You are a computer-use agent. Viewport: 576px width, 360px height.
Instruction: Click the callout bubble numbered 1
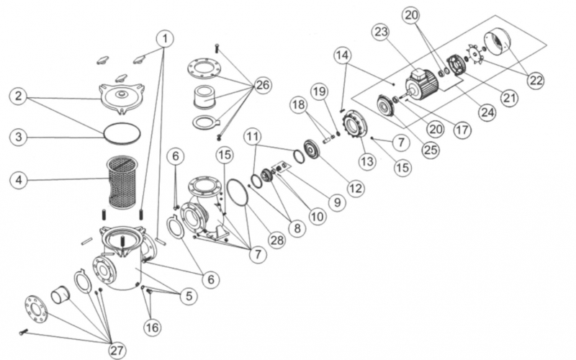[167, 37]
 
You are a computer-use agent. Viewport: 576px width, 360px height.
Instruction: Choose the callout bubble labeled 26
[263, 86]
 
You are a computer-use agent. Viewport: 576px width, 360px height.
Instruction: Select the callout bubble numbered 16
[150, 328]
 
